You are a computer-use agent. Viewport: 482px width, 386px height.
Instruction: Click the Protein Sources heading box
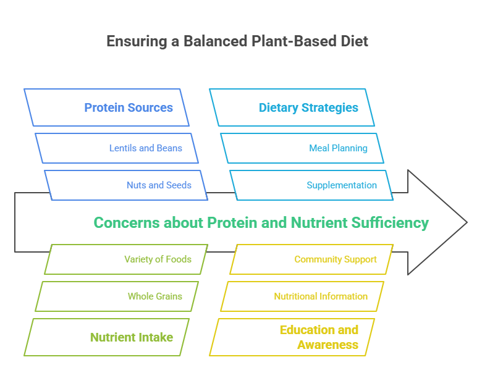click(106, 107)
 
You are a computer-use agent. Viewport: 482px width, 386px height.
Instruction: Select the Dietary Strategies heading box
click(292, 107)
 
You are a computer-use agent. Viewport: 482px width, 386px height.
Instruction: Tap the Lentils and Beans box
click(117, 148)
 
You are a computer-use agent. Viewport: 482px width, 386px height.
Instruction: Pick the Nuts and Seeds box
click(126, 185)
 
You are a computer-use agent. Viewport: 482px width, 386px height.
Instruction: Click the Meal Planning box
click(302, 148)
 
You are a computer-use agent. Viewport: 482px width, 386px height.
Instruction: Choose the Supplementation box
click(311, 185)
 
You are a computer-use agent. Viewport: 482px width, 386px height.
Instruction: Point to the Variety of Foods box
click(126, 259)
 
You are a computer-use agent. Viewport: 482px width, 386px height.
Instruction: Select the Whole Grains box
click(117, 296)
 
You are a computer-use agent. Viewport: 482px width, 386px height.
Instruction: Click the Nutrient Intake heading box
click(106, 337)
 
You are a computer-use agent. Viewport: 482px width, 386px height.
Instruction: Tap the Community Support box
click(311, 259)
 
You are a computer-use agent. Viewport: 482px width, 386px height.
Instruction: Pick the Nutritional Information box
click(302, 296)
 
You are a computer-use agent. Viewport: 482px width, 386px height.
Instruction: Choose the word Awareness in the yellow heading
click(328, 345)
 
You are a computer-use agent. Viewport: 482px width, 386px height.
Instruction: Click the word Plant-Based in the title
click(285, 41)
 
